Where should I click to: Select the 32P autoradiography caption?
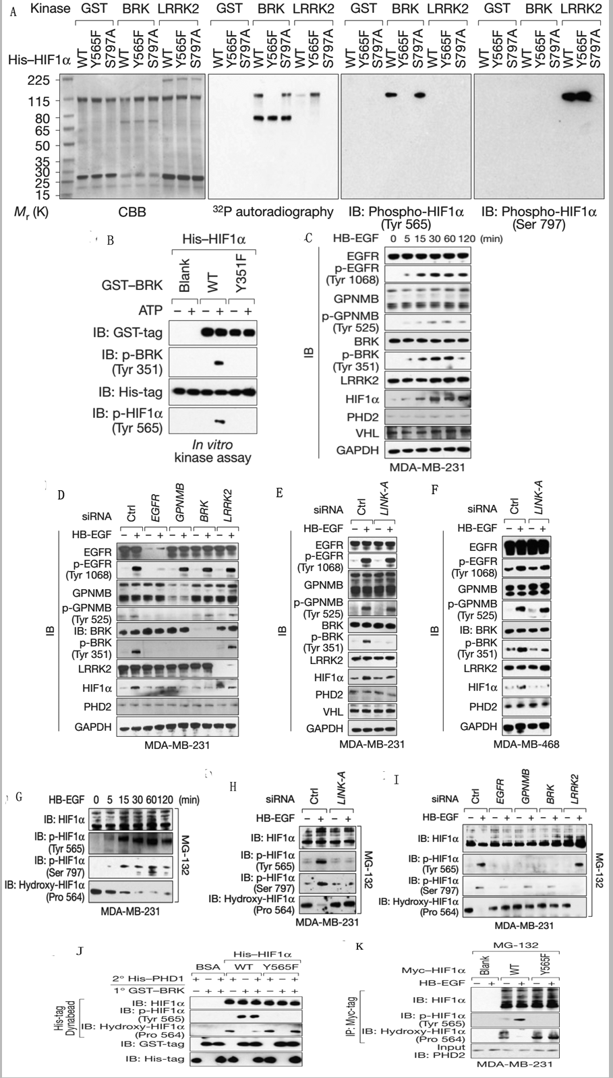[273, 212]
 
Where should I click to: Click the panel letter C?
[308, 238]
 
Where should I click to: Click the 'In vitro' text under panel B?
[212, 445]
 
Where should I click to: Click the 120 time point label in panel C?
[464, 238]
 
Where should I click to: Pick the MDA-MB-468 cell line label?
[521, 744]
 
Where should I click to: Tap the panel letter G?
[19, 797]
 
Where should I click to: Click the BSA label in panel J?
[204, 966]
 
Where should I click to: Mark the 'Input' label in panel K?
[450, 1047]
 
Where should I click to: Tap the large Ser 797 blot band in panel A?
[579, 96]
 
